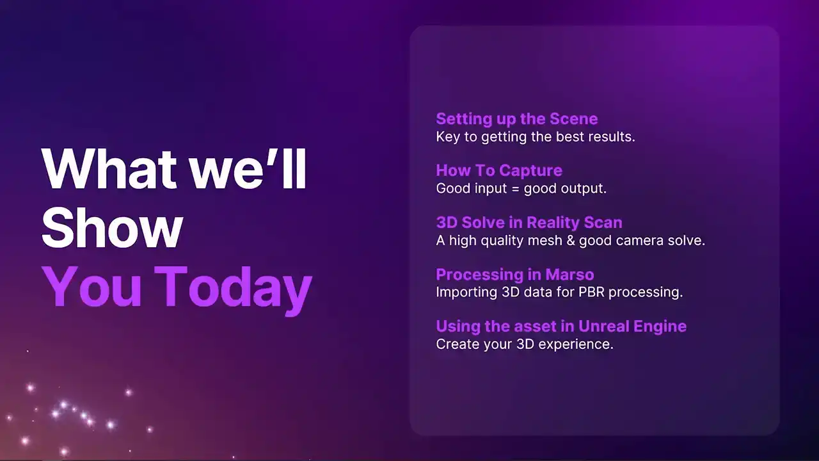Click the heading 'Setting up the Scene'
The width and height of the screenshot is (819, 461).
click(x=516, y=119)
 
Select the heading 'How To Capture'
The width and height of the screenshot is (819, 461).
click(x=499, y=170)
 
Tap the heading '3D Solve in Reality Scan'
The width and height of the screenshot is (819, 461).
click(x=529, y=222)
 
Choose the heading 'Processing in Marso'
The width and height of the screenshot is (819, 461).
click(x=515, y=275)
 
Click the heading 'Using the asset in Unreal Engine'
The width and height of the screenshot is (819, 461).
click(x=561, y=327)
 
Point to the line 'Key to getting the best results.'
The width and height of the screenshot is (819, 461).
click(x=536, y=137)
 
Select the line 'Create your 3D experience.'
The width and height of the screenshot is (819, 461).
click(x=525, y=344)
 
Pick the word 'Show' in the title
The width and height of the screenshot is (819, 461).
click(x=112, y=227)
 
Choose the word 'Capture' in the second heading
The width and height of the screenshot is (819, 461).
click(x=531, y=171)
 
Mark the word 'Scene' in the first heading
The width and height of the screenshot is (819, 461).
click(x=574, y=119)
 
